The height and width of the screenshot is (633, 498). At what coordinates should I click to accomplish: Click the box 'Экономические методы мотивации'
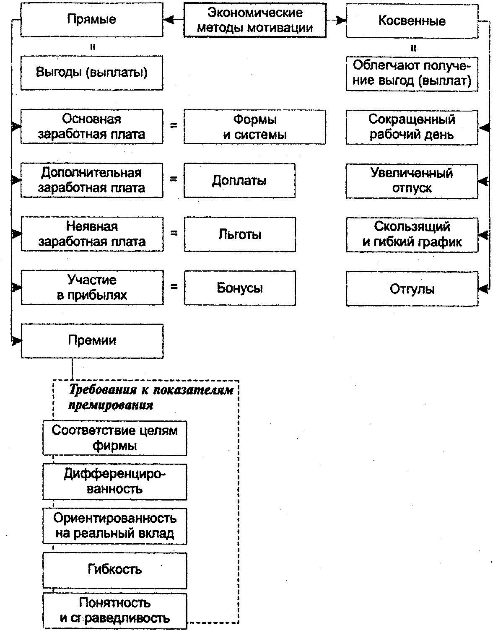pos(255,20)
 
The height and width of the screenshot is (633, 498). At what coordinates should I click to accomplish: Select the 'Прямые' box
pos(92,20)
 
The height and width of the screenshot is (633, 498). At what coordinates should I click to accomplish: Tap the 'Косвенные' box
pos(412,21)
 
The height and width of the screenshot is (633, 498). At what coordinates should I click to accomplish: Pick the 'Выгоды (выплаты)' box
pos(92,72)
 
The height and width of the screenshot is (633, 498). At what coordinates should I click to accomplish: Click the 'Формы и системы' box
pos(255,127)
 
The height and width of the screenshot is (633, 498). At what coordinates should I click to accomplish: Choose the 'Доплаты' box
pos(239,181)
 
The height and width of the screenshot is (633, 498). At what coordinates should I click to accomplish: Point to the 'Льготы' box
pos(240,234)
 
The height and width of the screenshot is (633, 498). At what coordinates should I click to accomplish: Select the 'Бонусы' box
pos(240,288)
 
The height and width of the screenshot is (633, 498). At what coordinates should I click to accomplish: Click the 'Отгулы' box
pos(412,289)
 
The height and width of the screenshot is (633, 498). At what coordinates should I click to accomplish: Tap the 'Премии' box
pos(92,341)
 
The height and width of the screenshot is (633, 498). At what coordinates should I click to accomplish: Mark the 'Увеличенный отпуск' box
pos(412,181)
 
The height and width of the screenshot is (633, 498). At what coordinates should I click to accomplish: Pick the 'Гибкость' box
pos(114,570)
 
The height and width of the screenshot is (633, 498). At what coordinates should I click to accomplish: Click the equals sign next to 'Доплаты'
pos(174,179)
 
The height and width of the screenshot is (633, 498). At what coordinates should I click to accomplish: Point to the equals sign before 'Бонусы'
pos(174,287)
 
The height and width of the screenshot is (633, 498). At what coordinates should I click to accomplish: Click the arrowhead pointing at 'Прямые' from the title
pos(169,20)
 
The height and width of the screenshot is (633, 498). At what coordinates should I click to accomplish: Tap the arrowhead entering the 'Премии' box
pos(16,341)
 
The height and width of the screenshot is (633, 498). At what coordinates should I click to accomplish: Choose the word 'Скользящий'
pos(412,227)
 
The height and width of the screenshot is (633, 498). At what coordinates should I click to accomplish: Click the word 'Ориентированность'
pos(114,519)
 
